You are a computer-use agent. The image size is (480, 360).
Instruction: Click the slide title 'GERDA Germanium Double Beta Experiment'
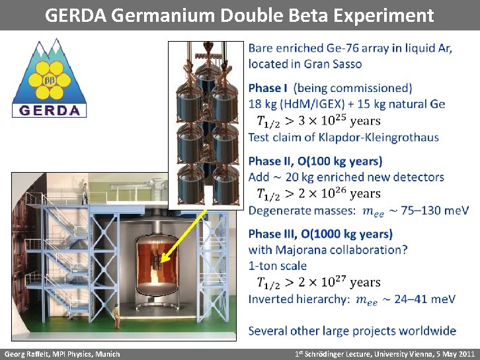(x=239, y=15)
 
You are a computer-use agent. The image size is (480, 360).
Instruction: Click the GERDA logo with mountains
(x=50, y=78)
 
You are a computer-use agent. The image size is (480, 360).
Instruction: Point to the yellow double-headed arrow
(x=184, y=234)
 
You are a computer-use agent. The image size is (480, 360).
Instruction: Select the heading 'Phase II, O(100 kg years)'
(x=315, y=161)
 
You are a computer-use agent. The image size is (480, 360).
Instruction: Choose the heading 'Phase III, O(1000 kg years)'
(x=320, y=234)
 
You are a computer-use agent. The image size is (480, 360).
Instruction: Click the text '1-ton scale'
(x=278, y=266)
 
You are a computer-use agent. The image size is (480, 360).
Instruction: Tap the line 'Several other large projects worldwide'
(x=352, y=331)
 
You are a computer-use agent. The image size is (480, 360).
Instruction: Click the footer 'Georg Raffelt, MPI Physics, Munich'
(x=62, y=354)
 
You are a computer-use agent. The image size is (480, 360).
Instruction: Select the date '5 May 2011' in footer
(x=453, y=354)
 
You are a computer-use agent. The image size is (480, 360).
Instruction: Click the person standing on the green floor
(x=116, y=316)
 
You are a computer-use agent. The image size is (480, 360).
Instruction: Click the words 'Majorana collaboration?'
(x=341, y=250)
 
